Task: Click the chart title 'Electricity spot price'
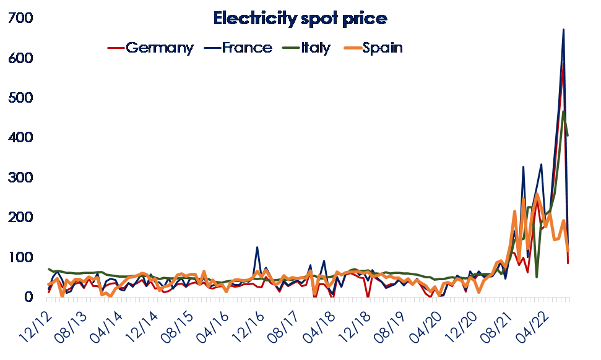(x=300, y=19)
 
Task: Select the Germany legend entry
(x=159, y=48)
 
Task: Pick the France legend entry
(x=246, y=48)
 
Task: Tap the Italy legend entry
(x=316, y=48)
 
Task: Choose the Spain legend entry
(x=382, y=48)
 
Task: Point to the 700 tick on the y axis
(x=20, y=19)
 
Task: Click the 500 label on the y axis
(x=20, y=98)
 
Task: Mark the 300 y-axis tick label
(x=20, y=178)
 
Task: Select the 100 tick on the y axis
(x=20, y=257)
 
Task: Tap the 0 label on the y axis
(x=27, y=298)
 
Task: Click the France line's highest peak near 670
(x=563, y=30)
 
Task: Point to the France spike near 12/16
(x=257, y=247)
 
